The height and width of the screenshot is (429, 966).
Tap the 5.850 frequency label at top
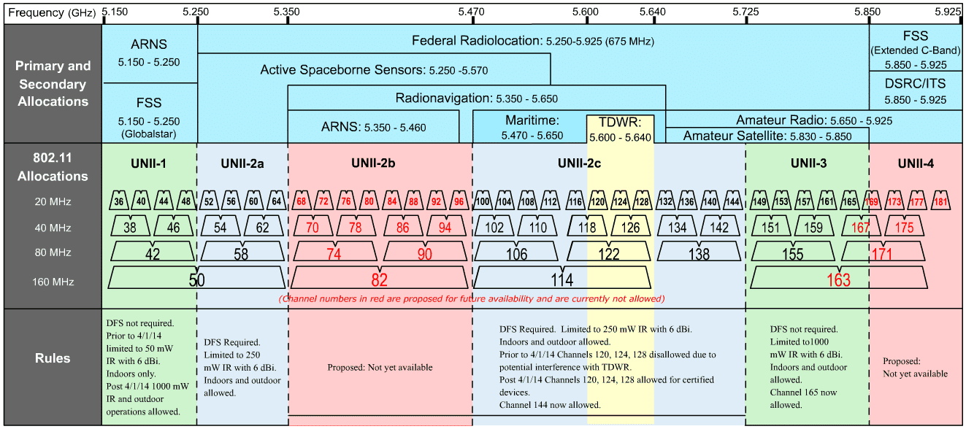pos(869,12)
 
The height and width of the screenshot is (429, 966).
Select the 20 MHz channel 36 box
pos(118,201)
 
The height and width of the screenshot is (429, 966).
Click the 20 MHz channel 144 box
pos(733,201)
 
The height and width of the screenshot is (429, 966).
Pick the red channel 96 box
pos(459,201)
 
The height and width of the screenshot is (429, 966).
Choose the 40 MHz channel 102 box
pos(494,228)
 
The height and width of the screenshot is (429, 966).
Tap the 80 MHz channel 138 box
pos(699,253)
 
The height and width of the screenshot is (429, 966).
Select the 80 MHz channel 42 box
pos(153,253)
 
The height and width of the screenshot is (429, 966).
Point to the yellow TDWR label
pos(620,122)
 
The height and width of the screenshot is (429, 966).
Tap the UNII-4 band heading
pos(916,162)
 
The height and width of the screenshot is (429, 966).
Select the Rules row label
pos(53,358)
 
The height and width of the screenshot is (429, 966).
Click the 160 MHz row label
pos(53,281)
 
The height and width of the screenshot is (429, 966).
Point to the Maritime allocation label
pos(532,120)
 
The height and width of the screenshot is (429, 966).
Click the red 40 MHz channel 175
pos(904,228)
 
